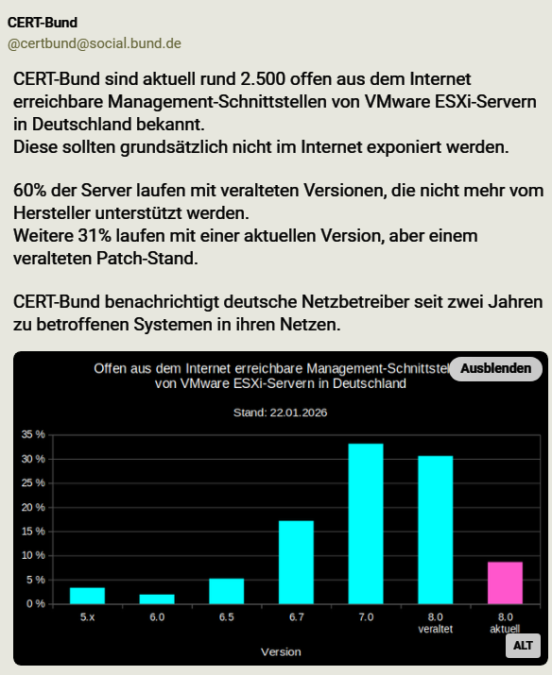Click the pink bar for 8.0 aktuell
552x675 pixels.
click(505, 582)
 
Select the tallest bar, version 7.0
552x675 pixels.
click(366, 523)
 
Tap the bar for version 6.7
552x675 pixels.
click(296, 562)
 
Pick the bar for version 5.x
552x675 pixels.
click(87, 595)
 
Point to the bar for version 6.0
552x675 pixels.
click(157, 599)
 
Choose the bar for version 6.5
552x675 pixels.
click(227, 591)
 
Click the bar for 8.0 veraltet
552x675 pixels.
click(435, 530)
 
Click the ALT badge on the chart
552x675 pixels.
click(523, 646)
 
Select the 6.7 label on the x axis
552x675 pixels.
click(296, 617)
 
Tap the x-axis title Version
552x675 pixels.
click(282, 651)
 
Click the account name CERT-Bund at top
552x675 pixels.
click(43, 22)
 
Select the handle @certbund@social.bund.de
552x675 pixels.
click(95, 43)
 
